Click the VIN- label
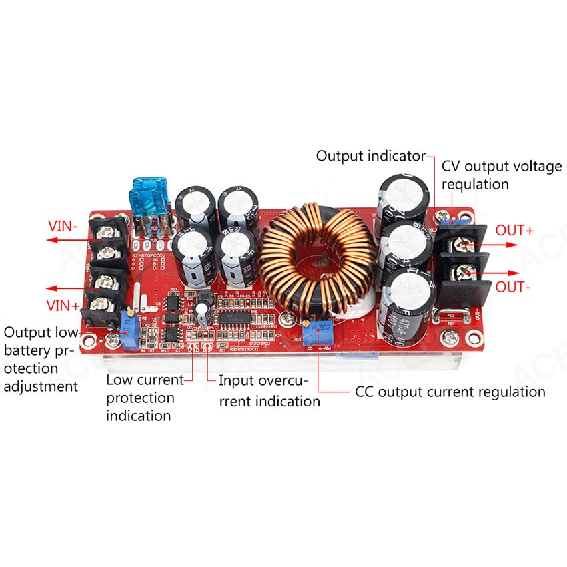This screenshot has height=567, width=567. [x=63, y=226]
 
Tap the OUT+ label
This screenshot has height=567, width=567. [x=514, y=231]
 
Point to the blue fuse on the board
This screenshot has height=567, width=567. [x=148, y=199]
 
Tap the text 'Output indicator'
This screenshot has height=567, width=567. [x=370, y=156]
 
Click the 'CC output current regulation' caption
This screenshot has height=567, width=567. [x=450, y=392]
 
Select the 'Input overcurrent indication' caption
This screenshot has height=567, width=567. [x=269, y=391]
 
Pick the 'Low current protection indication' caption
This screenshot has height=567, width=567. [x=145, y=398]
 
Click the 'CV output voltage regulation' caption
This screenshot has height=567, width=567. [x=502, y=175]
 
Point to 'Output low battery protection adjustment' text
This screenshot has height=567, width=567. [x=41, y=360]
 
